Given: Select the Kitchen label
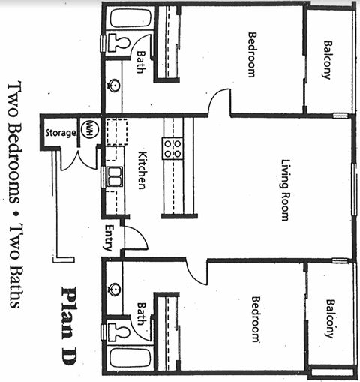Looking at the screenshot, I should [141, 170].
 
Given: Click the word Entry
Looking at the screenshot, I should [109, 238].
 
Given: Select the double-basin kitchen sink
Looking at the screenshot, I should [115, 178].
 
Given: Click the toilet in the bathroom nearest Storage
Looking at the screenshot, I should [117, 43].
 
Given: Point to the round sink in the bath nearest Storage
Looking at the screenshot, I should [115, 85].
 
